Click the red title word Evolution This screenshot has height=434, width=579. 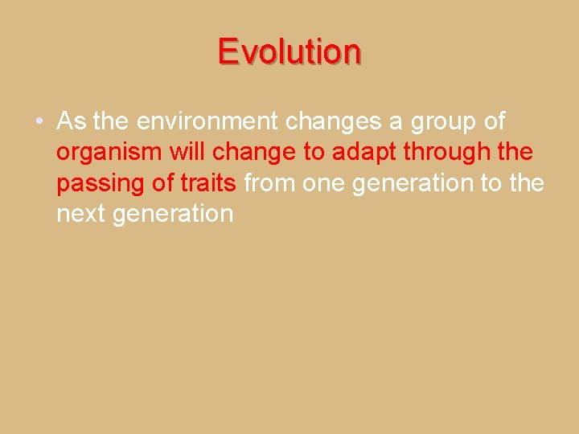(x=289, y=51)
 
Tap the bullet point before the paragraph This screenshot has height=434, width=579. (x=39, y=122)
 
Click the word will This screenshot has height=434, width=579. (x=187, y=153)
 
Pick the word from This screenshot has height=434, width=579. (x=270, y=184)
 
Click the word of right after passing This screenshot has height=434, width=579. (x=164, y=184)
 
